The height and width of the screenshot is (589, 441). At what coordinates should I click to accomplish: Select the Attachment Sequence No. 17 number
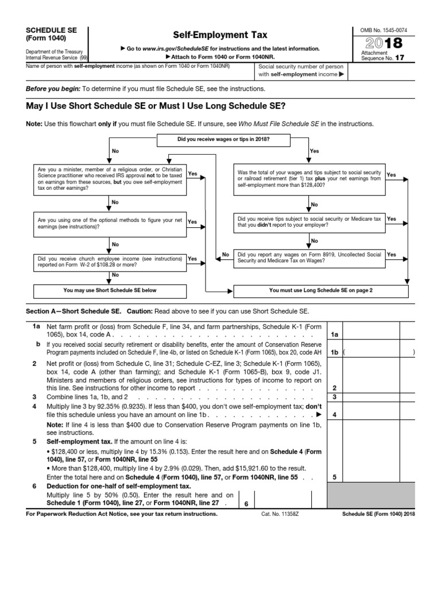click(411, 58)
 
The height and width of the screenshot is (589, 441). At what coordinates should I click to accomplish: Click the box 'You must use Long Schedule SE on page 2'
click(320, 290)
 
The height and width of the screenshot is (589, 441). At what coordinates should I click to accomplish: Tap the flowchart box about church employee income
click(110, 262)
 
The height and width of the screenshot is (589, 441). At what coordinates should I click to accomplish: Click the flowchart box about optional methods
click(110, 223)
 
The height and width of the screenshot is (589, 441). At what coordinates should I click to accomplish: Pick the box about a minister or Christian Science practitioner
click(110, 179)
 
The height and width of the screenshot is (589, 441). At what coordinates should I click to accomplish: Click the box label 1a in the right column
click(334, 334)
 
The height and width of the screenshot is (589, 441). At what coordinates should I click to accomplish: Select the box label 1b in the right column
click(334, 351)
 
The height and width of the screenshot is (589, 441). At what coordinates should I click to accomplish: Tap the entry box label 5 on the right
click(334, 477)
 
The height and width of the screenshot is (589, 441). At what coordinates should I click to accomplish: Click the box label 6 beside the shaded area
click(245, 504)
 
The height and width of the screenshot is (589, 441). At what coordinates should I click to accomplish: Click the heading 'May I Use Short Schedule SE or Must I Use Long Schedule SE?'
click(156, 106)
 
